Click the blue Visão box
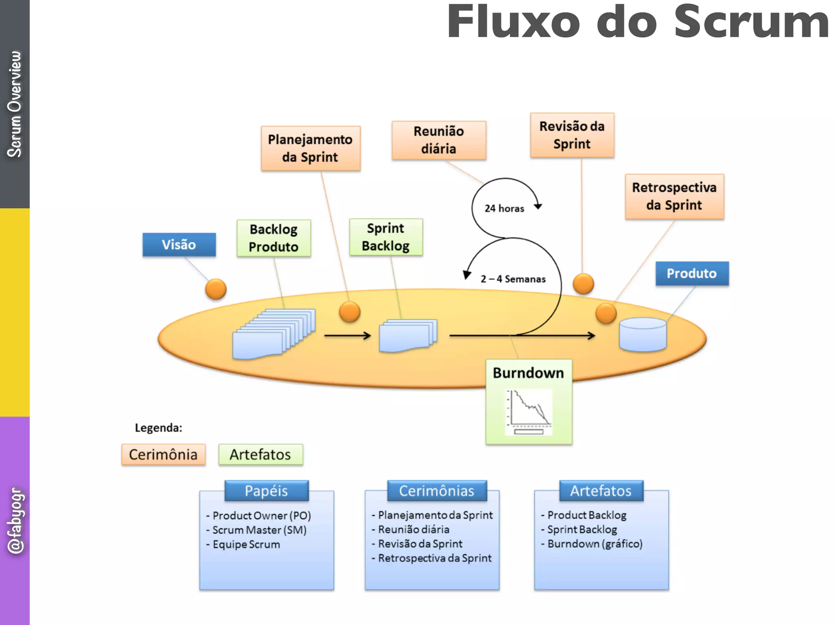pyautogui.click(x=179, y=245)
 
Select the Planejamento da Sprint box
pyautogui.click(x=310, y=148)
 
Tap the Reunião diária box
pyautogui.click(x=439, y=140)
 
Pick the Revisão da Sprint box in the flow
pyautogui.click(x=572, y=135)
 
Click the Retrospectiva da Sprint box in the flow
pyautogui.click(x=674, y=196)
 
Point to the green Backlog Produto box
pyautogui.click(x=274, y=238)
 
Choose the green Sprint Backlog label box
pyautogui.click(x=386, y=237)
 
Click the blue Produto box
pyautogui.click(x=691, y=273)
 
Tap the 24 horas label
pyautogui.click(x=504, y=208)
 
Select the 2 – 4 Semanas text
pyautogui.click(x=513, y=279)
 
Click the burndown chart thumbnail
pyautogui.click(x=529, y=412)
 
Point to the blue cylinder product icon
pyautogui.click(x=643, y=334)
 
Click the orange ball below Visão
pyautogui.click(x=215, y=289)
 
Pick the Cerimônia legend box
pyautogui.click(x=163, y=455)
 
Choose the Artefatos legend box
pyautogui.click(x=260, y=455)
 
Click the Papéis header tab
pyautogui.click(x=266, y=491)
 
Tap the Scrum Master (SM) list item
pyautogui.click(x=259, y=530)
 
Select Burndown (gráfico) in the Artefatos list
pyautogui.click(x=595, y=544)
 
